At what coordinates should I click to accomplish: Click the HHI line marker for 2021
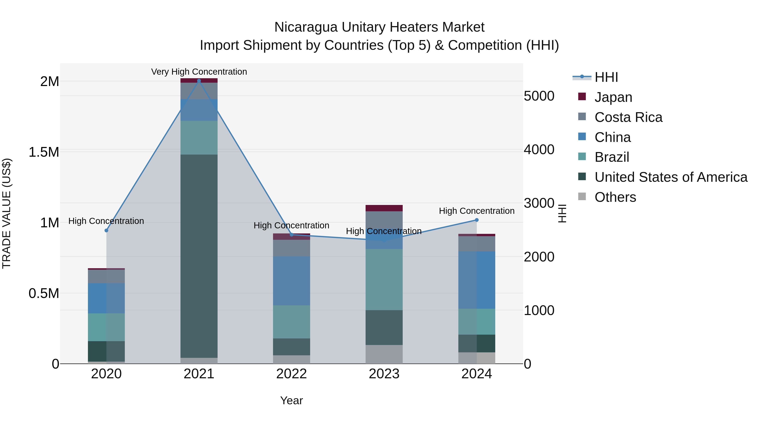point(199,81)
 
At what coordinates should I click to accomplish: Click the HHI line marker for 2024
point(476,220)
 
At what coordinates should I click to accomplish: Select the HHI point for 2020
point(106,230)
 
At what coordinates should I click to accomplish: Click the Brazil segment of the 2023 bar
point(384,279)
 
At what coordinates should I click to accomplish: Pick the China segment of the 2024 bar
point(476,280)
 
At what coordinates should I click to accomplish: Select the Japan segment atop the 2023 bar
point(384,208)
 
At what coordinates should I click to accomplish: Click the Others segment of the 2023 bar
point(384,354)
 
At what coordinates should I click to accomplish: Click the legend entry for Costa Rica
point(628,117)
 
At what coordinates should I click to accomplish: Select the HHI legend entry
point(606,77)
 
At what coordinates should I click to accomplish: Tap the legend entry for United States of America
point(671,177)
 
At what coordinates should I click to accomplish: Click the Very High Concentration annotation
point(199,72)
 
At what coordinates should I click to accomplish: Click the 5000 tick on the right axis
point(539,96)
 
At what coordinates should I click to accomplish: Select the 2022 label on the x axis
point(291,374)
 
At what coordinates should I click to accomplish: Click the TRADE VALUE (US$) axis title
point(7,213)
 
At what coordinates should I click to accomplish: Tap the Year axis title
point(291,400)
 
